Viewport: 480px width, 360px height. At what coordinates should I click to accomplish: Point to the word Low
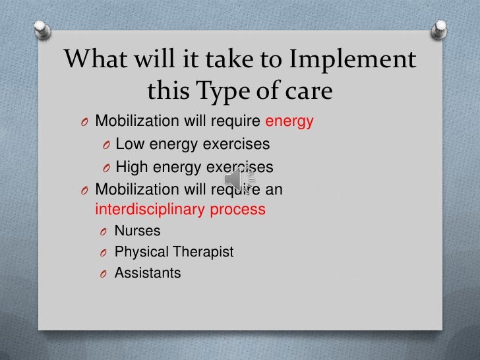(129, 144)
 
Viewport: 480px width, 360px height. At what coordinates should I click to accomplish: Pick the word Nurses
(137, 231)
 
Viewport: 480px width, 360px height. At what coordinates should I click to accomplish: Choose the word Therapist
(204, 252)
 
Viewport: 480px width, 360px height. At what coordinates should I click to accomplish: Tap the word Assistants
(148, 272)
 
